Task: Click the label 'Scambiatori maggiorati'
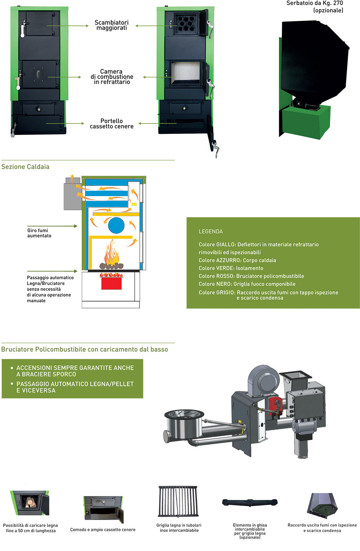click(x=112, y=25)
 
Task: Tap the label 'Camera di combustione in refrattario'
click(x=112, y=77)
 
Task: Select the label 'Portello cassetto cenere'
click(x=112, y=123)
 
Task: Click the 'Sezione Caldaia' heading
click(x=25, y=167)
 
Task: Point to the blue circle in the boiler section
click(x=116, y=226)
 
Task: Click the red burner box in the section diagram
click(x=111, y=283)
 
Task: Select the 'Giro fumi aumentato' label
click(x=39, y=233)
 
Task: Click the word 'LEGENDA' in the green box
click(x=211, y=231)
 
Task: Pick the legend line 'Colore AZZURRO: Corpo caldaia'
click(x=237, y=260)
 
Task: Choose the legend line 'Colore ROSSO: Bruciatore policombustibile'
click(x=251, y=276)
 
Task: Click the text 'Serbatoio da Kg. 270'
click(x=314, y=3)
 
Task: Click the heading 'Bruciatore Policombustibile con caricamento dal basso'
click(x=85, y=349)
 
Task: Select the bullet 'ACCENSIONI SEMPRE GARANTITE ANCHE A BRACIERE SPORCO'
click(x=75, y=371)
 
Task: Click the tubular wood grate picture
click(x=178, y=501)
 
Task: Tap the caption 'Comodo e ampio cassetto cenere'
click(x=103, y=529)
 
